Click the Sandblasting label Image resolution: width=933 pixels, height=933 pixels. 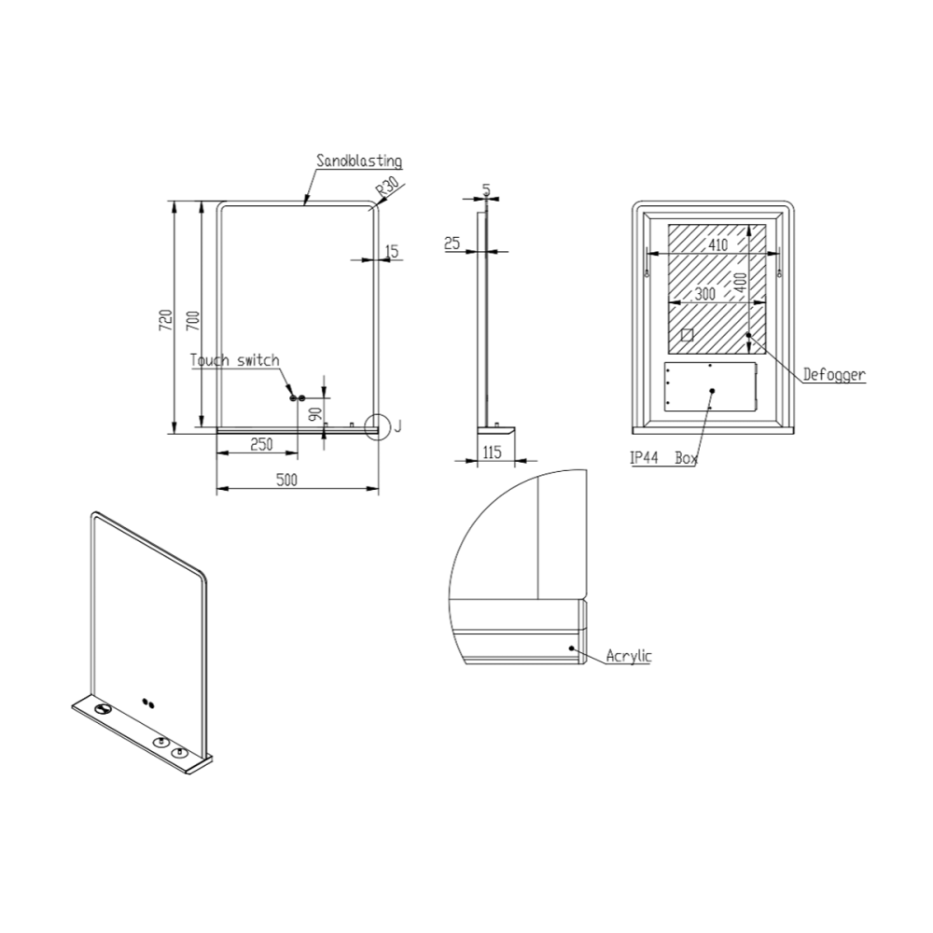click(359, 160)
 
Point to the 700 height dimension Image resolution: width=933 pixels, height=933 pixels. click(194, 320)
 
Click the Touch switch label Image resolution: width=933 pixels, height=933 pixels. click(234, 360)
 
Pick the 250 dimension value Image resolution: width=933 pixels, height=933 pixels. click(261, 444)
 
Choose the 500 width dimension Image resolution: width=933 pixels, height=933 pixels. click(286, 480)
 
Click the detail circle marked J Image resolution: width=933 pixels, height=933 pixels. click(378, 426)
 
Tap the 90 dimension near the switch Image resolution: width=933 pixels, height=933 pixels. click(315, 413)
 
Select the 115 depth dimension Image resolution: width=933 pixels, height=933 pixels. click(492, 453)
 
